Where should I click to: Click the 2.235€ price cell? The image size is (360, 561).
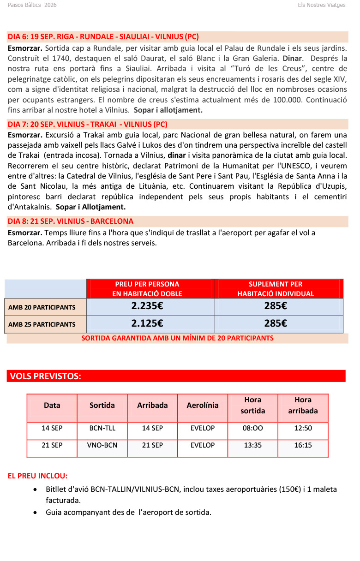point(147,306)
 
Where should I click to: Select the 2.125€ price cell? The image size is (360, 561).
point(147,323)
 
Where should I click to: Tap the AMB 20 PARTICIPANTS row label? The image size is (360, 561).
point(42,307)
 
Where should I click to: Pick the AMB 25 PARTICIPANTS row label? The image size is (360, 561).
point(42,324)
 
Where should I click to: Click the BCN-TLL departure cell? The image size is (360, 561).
point(102,428)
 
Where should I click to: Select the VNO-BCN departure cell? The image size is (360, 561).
point(102,445)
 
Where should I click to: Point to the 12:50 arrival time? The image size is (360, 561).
point(303,428)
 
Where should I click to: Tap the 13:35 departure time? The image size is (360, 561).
point(252,445)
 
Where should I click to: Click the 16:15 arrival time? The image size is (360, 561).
point(303,445)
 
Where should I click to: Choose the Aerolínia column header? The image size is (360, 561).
point(203,406)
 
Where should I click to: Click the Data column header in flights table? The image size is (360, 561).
point(52,406)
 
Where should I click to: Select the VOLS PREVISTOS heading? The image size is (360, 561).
point(45,376)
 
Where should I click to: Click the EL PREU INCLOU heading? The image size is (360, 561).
point(38,476)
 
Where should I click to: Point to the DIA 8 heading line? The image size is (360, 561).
point(71,221)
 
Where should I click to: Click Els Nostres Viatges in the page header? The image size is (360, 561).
point(322,5)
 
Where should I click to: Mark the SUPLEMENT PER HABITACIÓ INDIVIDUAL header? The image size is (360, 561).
point(276,289)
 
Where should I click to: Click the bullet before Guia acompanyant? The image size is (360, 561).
point(36,513)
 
